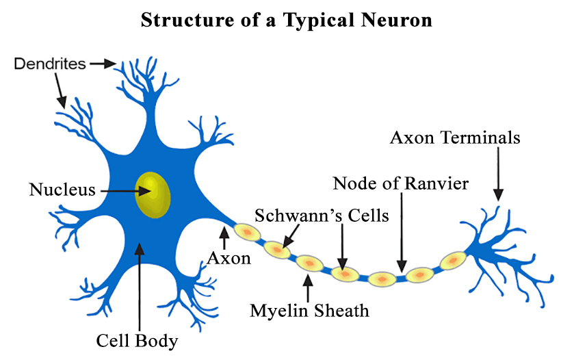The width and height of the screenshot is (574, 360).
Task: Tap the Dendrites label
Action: pos(50,64)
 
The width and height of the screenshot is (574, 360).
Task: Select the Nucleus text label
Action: pos(62,189)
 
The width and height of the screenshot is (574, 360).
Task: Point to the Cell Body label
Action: pos(137,339)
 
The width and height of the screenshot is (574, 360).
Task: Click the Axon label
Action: pos(229,258)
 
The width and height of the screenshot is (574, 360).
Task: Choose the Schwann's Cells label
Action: pos(322,216)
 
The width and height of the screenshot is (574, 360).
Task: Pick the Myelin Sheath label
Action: pos(309,311)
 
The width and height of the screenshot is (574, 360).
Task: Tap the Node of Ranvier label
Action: pos(401,183)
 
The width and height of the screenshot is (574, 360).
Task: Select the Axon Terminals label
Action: pos(455,138)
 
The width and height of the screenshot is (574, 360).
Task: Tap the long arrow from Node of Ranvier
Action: pos(402,233)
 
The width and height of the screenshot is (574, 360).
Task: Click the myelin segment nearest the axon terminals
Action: pos(452,261)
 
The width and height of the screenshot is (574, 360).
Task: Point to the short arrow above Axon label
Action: pos(223,239)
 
